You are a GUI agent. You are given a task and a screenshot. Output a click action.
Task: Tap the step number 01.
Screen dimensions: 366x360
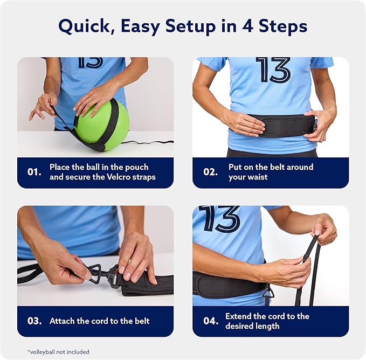click(x=34, y=172)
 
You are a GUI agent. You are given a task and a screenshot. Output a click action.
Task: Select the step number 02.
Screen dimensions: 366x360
click(x=210, y=172)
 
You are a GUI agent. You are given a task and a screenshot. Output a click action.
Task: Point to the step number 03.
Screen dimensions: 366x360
click(x=34, y=321)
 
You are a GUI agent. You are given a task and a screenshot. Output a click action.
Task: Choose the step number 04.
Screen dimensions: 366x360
click(x=211, y=321)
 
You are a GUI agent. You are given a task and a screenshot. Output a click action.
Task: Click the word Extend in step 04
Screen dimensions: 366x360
click(x=238, y=316)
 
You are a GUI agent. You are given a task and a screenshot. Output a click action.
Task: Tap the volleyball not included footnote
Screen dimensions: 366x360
click(x=58, y=351)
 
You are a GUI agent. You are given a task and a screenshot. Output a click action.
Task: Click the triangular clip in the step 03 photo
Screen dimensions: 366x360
click(x=95, y=273)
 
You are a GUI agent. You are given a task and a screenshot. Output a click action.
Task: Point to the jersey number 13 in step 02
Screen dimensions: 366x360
click(x=273, y=70)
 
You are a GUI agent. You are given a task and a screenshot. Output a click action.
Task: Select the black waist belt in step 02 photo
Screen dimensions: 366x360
click(x=273, y=126)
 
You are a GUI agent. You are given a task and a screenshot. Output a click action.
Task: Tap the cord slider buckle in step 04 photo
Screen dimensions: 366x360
click(x=306, y=259)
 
